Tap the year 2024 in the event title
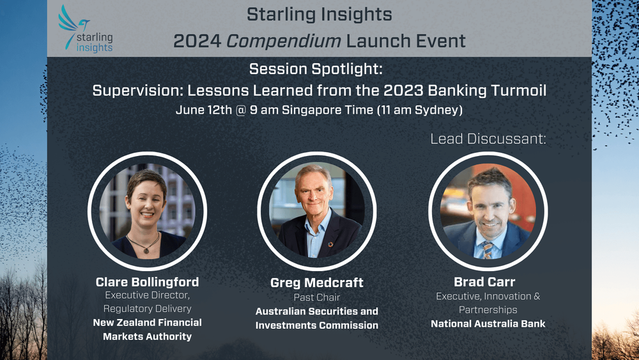(196, 42)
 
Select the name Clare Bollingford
(147, 282)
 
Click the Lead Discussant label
(488, 139)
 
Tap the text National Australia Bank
(488, 324)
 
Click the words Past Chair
(317, 298)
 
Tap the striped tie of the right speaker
(488, 249)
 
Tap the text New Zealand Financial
(147, 322)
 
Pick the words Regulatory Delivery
(147, 309)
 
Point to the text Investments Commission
(317, 325)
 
